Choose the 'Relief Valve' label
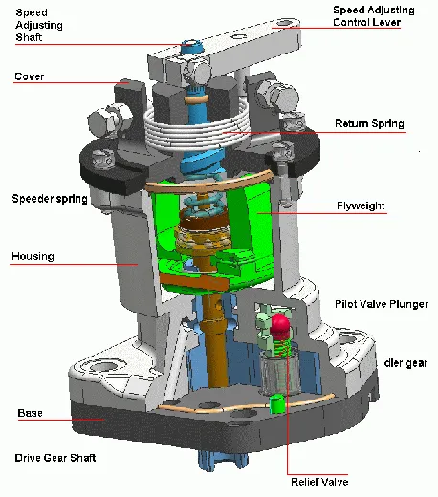tap(321, 481)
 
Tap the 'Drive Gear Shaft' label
tap(53, 458)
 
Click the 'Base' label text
tap(30, 413)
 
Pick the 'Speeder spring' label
tap(50, 199)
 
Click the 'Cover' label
tap(29, 76)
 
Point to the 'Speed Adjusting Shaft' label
tap(34, 24)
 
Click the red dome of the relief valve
tap(281, 327)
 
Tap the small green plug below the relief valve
tap(278, 404)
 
